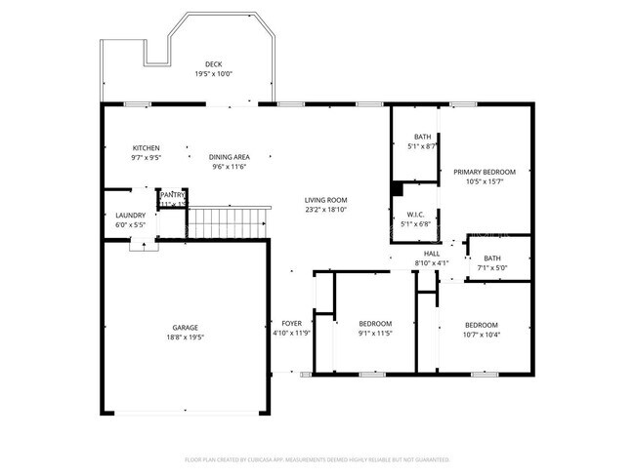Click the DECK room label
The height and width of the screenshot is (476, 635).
pos(213,64)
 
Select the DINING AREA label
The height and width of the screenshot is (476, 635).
pos(229,157)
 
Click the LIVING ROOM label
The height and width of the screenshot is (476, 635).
pos(325,200)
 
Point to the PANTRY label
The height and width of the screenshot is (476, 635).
pos(173,194)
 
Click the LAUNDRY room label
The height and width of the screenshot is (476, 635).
pos(130,216)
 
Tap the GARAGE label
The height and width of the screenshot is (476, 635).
pos(186,328)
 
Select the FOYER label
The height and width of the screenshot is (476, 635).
pos(292,323)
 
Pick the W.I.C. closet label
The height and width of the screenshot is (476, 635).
pos(414,215)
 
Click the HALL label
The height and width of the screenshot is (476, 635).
pos(431,254)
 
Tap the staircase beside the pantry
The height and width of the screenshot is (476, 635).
pos(227,222)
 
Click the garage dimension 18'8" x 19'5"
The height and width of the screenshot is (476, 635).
pos(186,337)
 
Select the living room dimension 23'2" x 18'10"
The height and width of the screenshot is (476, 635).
pos(325,210)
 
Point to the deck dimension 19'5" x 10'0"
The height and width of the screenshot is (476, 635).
pos(213,74)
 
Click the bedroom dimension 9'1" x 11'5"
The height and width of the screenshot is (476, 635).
pos(374,334)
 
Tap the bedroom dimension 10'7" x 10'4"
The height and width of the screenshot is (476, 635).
pos(482,335)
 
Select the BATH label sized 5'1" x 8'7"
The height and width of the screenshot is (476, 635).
pos(422,137)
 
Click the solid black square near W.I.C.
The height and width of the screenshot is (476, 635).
pos(397,188)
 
